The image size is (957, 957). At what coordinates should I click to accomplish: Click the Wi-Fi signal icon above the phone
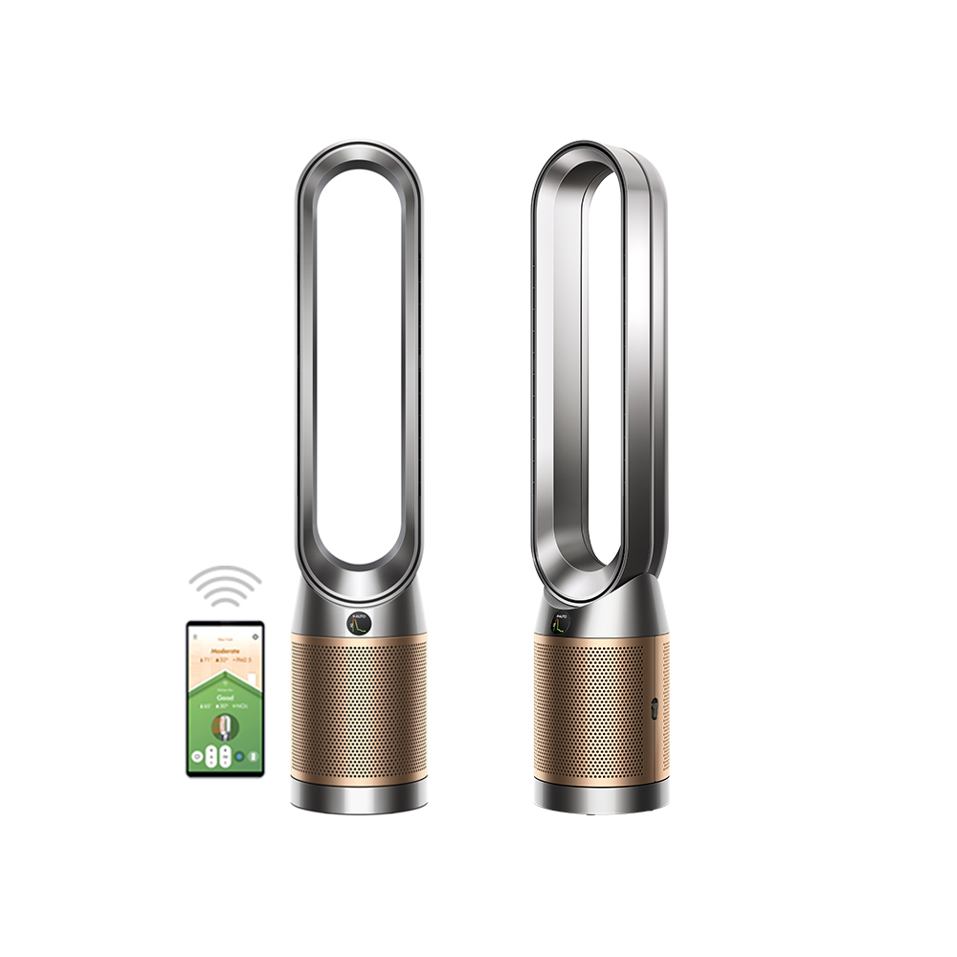point(225,587)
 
